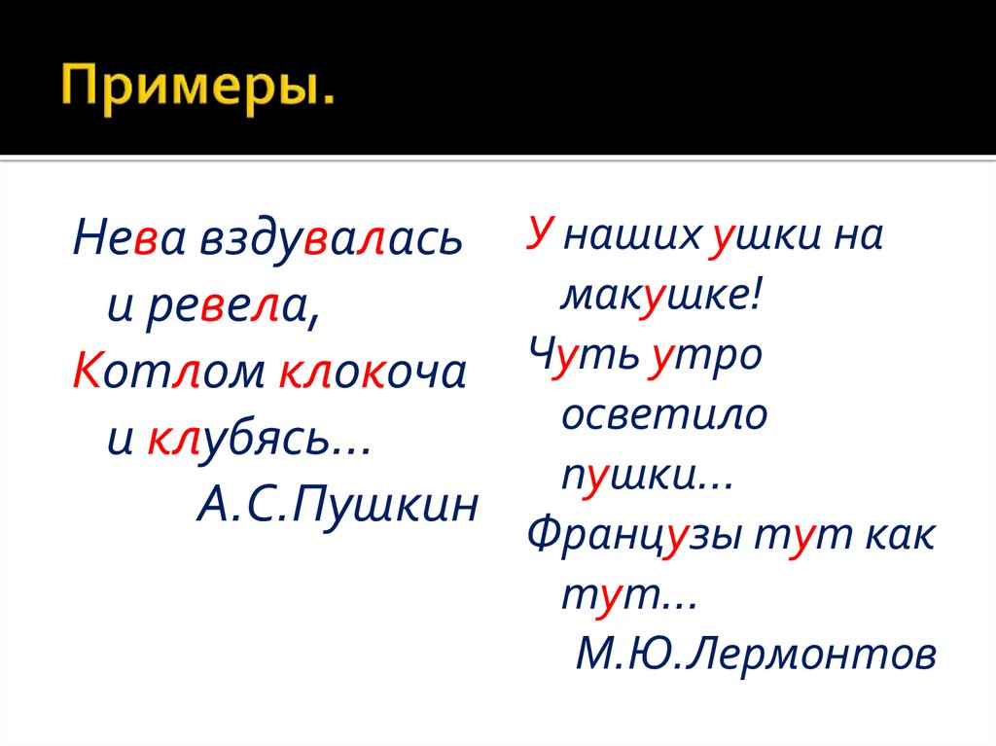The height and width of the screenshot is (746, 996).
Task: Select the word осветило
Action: point(664,416)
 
